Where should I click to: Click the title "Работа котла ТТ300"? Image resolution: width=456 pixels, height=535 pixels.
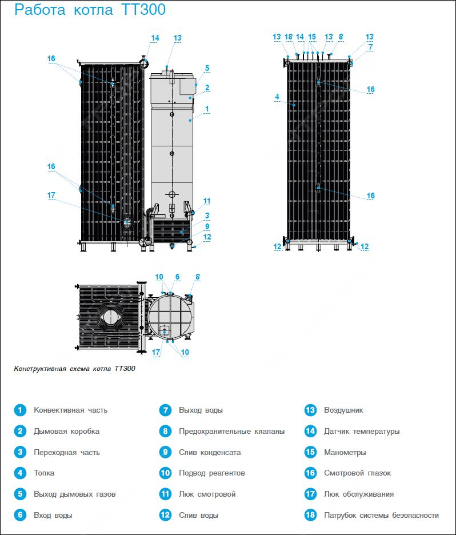90,10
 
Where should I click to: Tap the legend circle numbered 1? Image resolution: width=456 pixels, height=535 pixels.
20,410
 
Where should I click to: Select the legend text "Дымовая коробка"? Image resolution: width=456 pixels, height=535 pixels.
66,432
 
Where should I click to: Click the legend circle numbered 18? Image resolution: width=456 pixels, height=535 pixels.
310,515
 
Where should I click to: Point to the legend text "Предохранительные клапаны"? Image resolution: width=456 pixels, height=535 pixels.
231,432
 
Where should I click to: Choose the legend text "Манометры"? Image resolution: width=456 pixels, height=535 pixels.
345,453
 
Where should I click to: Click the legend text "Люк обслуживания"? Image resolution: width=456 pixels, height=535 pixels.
359,494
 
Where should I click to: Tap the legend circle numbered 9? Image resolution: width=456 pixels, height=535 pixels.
165,453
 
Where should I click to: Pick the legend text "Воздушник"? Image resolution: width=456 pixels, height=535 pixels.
343,410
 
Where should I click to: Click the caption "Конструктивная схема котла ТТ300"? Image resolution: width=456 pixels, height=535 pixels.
75,369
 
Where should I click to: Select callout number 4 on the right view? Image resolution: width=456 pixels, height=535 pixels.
277,97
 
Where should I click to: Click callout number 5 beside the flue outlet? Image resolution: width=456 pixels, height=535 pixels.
207,68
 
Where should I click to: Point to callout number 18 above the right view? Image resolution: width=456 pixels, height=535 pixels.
289,37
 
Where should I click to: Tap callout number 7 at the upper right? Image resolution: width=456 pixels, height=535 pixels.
371,47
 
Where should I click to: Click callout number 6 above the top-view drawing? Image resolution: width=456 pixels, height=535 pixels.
177,277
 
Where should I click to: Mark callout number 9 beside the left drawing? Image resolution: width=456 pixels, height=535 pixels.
207,226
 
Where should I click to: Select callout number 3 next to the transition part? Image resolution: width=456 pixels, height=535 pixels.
207,215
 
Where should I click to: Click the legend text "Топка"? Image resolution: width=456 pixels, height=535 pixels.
44,473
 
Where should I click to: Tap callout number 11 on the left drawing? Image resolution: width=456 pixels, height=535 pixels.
207,201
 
